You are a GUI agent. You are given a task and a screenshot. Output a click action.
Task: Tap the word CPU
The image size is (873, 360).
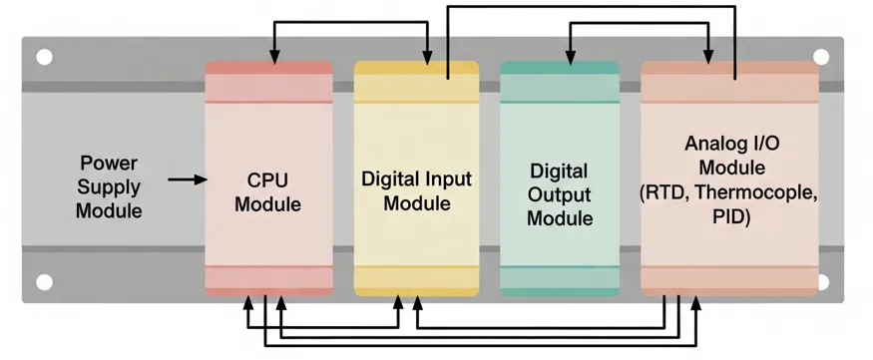click(267, 180)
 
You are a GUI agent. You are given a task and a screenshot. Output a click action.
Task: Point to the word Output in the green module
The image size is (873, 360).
click(559, 194)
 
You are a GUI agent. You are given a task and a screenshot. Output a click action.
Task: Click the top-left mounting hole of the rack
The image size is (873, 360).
click(44, 58)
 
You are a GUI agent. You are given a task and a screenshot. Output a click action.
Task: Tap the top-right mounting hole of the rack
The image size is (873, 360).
click(821, 58)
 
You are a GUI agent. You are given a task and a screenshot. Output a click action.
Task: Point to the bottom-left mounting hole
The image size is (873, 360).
click(44, 282)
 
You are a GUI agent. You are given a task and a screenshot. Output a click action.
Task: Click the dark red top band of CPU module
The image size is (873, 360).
click(268, 68)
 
